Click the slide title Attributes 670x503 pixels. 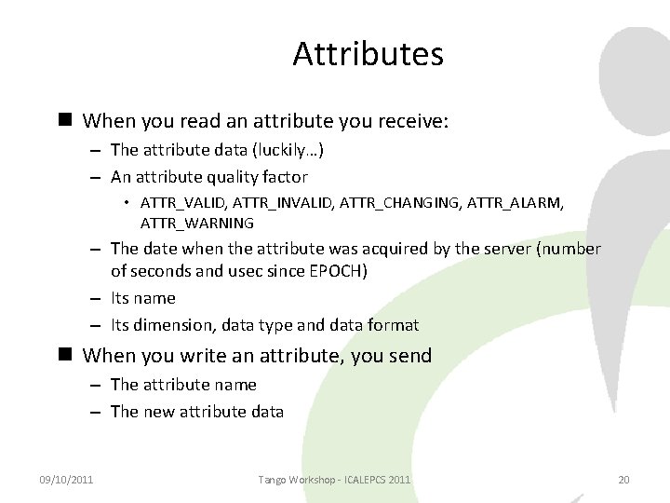(x=368, y=54)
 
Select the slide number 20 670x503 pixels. (x=623, y=479)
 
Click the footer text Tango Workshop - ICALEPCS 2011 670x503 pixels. (x=335, y=479)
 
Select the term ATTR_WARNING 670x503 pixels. (x=197, y=223)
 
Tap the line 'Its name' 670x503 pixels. (x=142, y=298)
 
